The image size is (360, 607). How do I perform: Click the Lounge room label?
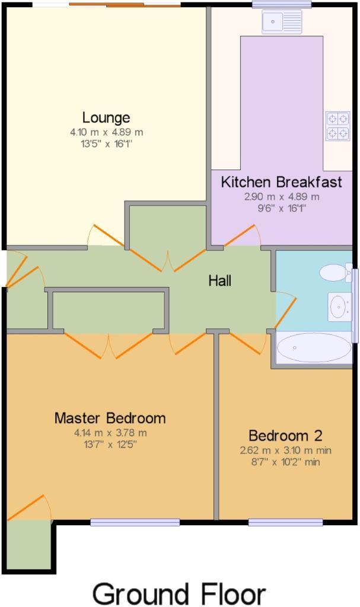tap(106, 118)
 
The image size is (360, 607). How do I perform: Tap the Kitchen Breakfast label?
tap(281, 182)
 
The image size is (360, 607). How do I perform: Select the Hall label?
tap(219, 280)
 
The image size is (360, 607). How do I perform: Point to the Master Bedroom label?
tap(110, 418)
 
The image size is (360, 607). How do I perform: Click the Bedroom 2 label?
tap(285, 436)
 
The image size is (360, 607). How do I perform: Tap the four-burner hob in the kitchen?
tap(337, 126)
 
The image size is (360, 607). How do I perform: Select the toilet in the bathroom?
tap(336, 273)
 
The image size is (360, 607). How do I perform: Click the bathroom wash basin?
tap(339, 307)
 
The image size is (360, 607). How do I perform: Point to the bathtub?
tap(314, 347)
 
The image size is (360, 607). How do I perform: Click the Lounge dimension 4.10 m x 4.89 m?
tap(107, 132)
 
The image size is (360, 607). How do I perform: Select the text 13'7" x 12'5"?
tap(110, 445)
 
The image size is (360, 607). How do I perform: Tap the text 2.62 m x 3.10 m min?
tap(286, 451)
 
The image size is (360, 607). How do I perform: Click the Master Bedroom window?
tap(135, 522)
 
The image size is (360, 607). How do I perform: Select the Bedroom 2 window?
tap(286, 522)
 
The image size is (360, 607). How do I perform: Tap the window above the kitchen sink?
tap(282, 4)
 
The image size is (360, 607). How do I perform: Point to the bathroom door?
tap(286, 309)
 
